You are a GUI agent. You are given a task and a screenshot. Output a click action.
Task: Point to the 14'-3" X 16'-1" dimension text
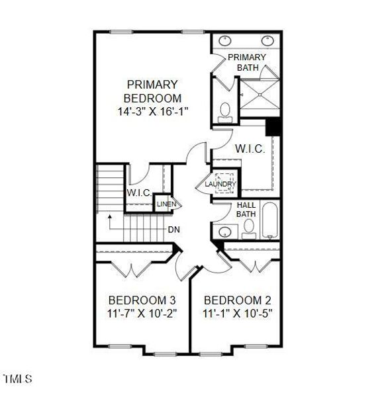click(153, 112)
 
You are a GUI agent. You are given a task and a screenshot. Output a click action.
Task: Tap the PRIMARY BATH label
click(247, 62)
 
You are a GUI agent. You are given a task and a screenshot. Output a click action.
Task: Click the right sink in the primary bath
click(267, 39)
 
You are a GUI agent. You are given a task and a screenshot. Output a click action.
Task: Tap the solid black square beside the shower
click(273, 126)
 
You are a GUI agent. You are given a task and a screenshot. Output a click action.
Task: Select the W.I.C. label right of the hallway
click(250, 150)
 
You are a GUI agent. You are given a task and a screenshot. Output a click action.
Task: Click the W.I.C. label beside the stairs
click(140, 193)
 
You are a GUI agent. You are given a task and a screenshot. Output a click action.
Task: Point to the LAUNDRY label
click(220, 184)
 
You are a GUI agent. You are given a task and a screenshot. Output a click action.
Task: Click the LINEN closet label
click(166, 204)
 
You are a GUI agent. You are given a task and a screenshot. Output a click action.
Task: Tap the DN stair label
click(173, 230)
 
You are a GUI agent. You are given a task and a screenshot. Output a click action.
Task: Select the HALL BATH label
click(246, 209)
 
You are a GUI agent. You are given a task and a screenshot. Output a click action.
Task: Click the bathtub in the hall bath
click(269, 223)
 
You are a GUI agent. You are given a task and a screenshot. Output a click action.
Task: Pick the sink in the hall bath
click(226, 232)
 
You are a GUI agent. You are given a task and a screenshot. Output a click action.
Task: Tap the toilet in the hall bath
click(248, 229)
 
